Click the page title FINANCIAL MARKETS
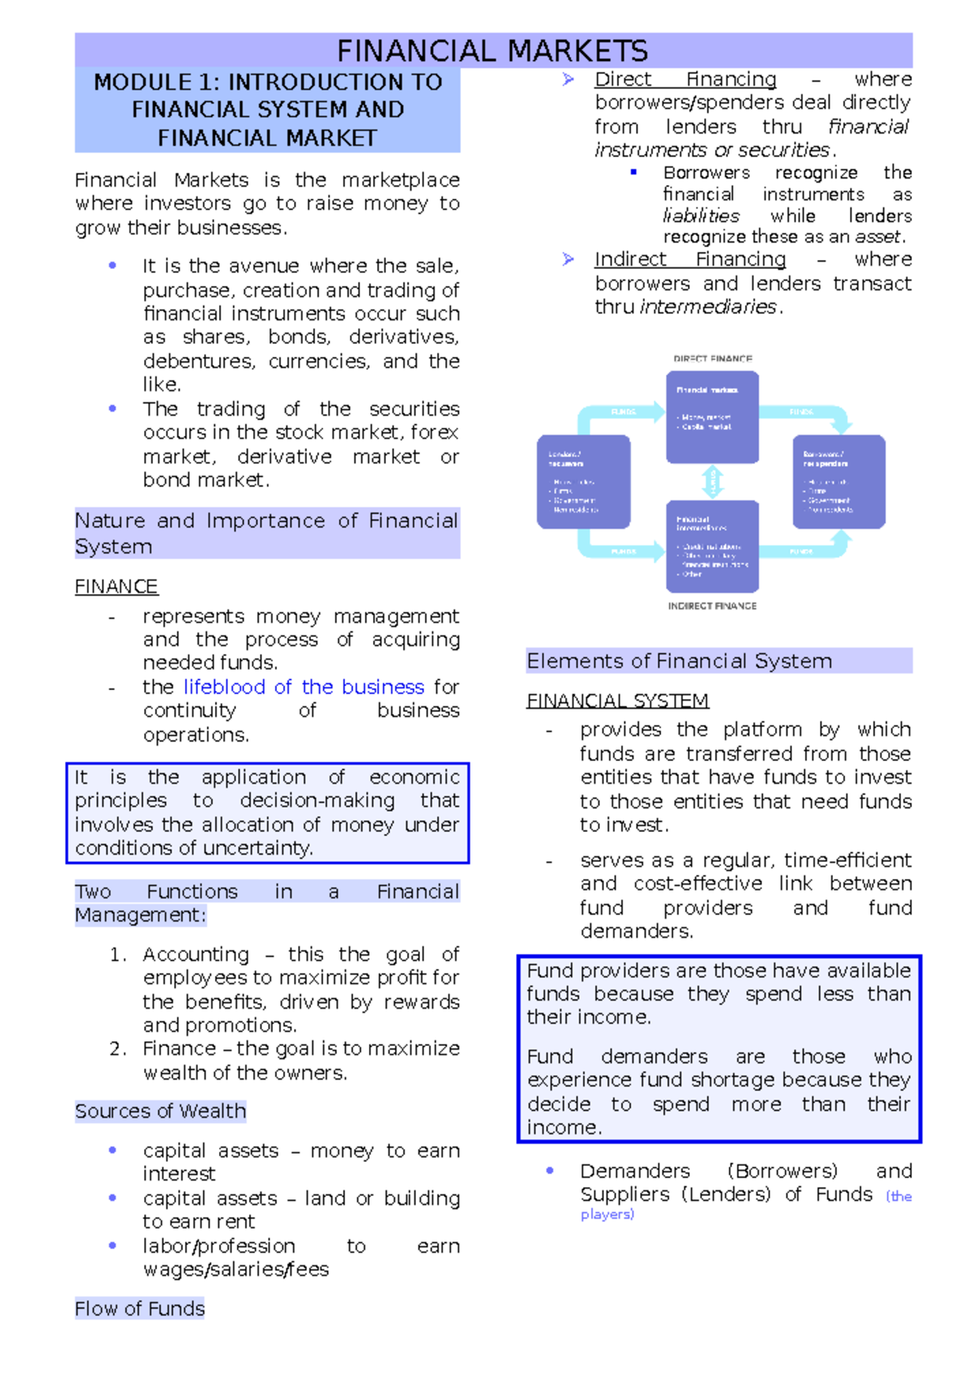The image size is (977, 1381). pos(493,51)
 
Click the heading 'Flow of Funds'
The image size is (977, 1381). pos(140,1308)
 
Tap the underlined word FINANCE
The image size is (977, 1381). pos(116,587)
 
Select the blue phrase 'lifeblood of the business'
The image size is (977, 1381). pos(304,687)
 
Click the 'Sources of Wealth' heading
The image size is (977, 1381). pos(160,1111)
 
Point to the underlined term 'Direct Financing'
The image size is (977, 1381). pos(685,79)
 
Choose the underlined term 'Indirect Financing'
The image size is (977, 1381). pos(690,259)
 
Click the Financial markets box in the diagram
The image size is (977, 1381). pos(712,416)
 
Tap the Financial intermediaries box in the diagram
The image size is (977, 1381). pos(712,546)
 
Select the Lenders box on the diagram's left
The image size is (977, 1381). pos(583,482)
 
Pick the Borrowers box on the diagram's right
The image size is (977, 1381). pos(839,482)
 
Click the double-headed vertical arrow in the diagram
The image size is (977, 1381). pos(712,482)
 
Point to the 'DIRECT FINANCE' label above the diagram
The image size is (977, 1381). pos(712,358)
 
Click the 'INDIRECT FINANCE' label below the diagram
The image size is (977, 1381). pos(712,606)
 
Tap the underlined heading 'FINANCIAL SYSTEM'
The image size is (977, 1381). pos(617,701)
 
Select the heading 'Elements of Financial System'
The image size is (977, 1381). pos(679,661)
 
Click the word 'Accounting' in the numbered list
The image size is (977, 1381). pos(196,954)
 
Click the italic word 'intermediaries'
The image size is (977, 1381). pos(708,307)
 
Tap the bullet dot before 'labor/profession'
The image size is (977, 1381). pos(112,1246)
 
